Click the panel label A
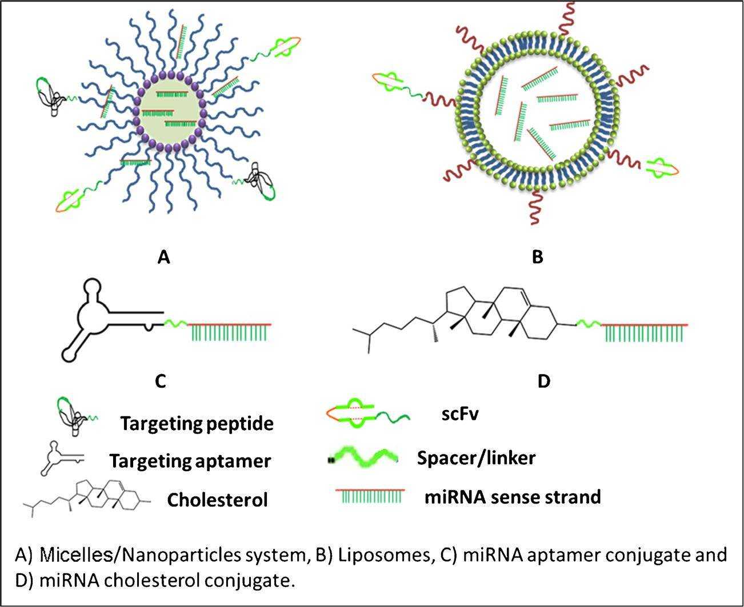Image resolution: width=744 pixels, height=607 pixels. tap(163, 258)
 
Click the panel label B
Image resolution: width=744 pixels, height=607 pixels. tap(537, 257)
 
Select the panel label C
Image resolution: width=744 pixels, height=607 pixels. tap(161, 381)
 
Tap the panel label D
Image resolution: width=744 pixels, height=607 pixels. tap(543, 381)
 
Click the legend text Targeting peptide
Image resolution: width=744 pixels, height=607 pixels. tap(197, 424)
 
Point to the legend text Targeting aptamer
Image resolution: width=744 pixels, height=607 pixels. tap(190, 460)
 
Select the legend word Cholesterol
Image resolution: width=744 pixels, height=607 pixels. tap(217, 500)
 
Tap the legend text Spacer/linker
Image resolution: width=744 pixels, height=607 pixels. tap(476, 457)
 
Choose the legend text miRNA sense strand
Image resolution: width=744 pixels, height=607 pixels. tap(512, 497)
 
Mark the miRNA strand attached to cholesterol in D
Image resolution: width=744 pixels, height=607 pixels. tap(645, 332)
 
